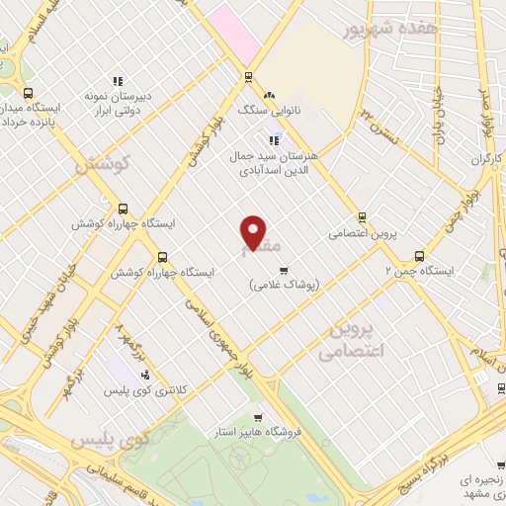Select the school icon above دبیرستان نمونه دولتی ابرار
coord(118,81)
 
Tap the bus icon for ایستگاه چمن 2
coord(420,254)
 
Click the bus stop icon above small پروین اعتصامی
coord(362,217)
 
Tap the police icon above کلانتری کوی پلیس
coord(146,375)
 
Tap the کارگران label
coord(487,158)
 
